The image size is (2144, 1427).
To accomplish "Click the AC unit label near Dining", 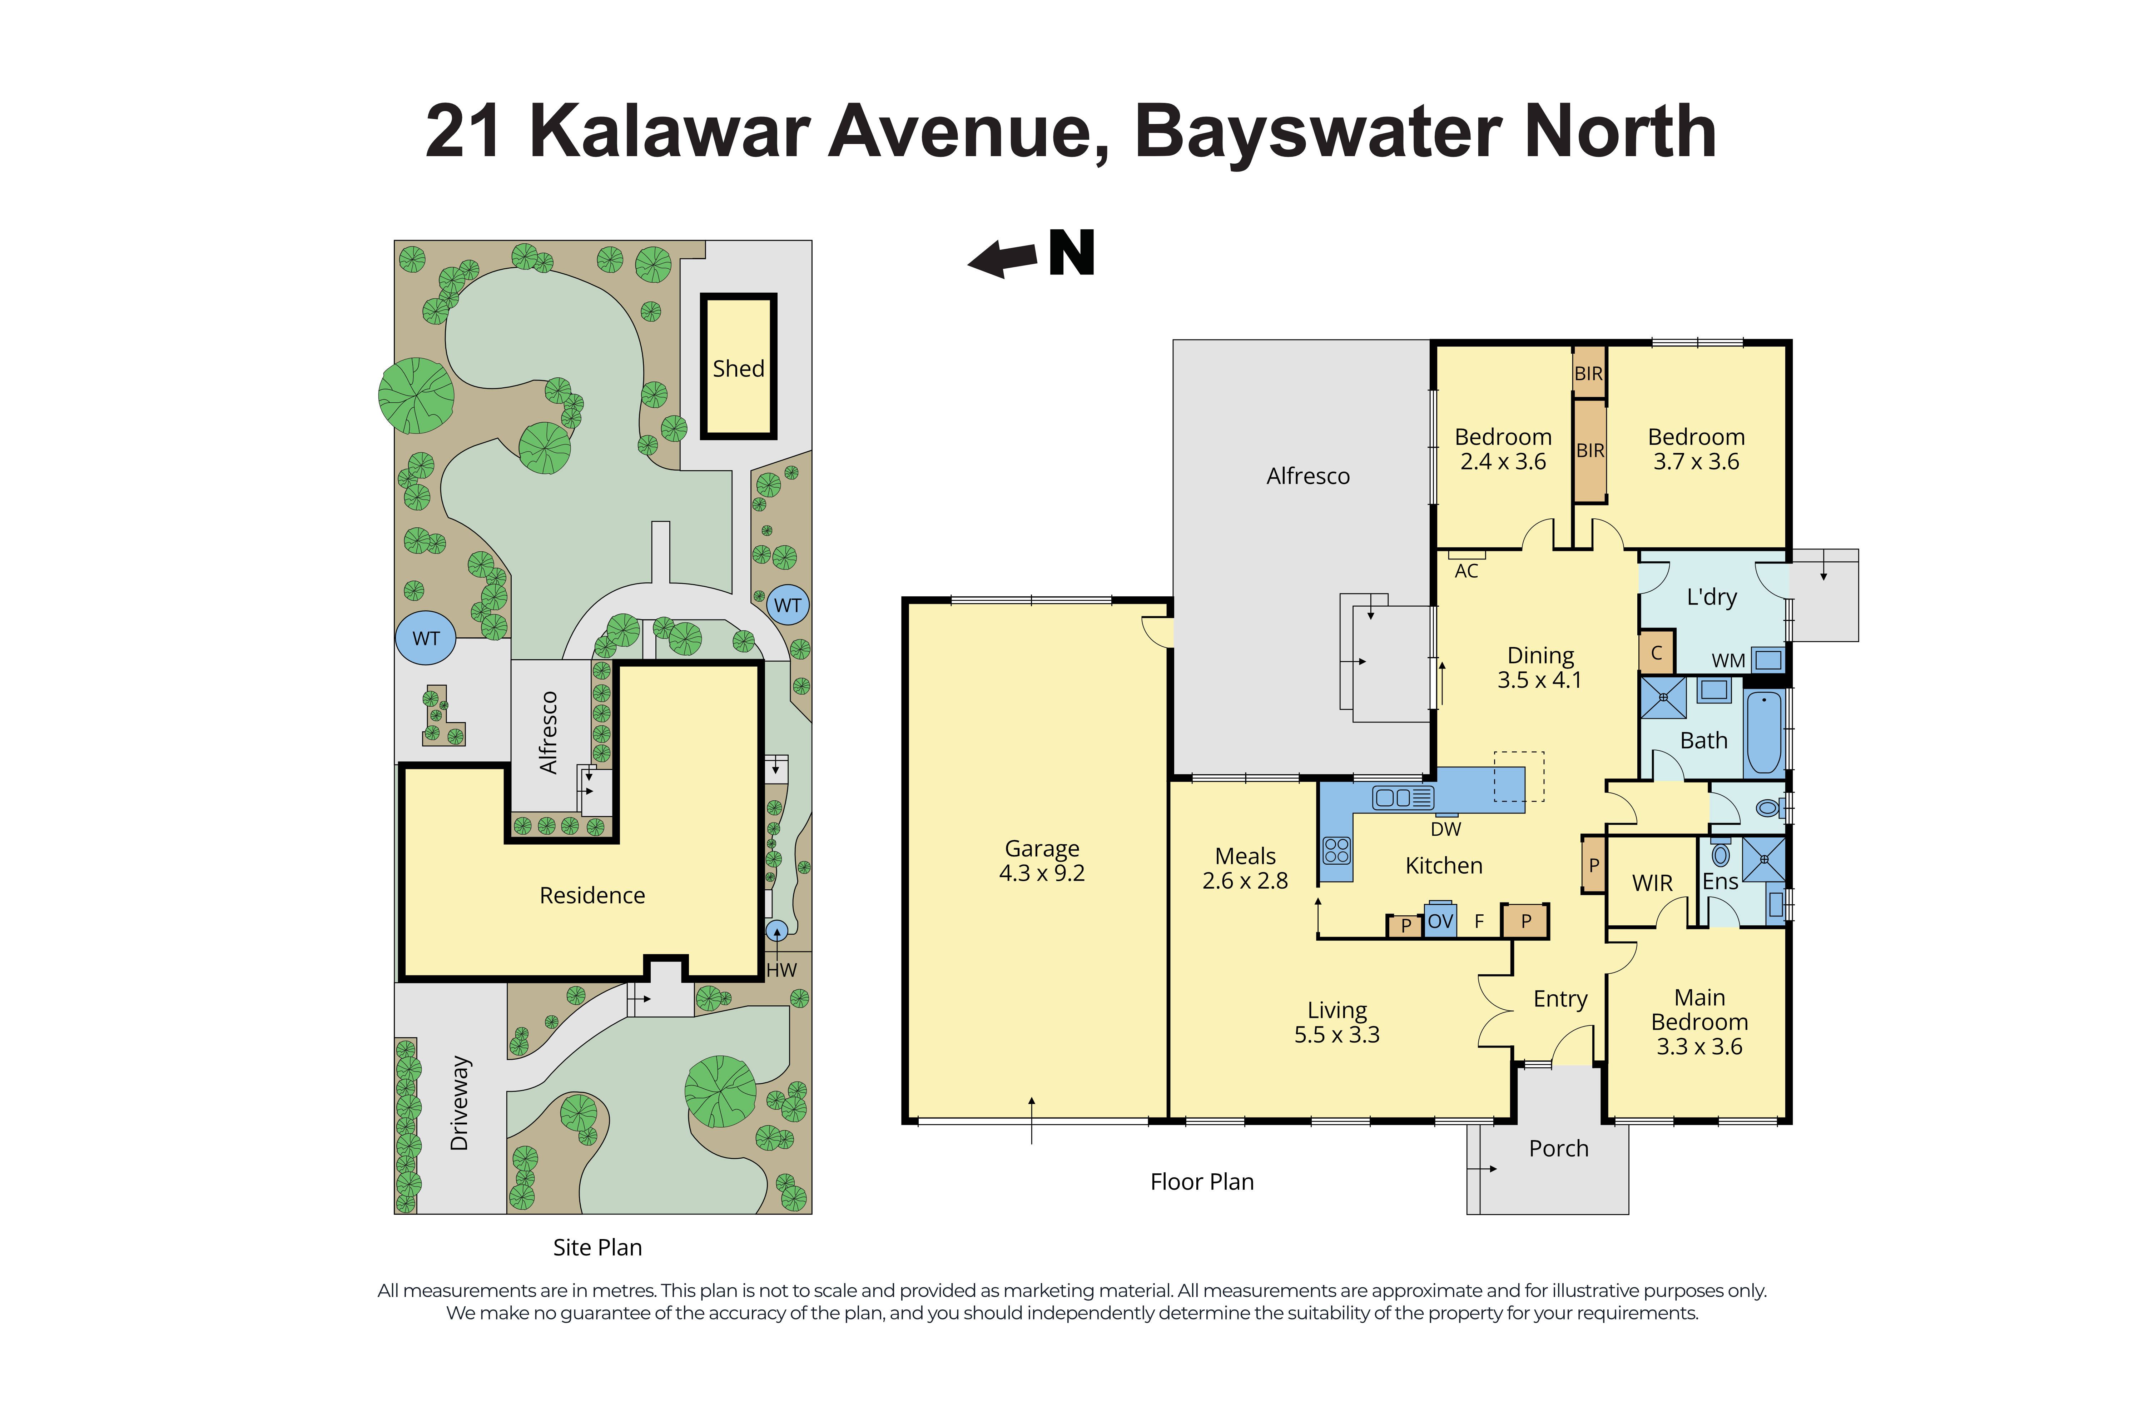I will point(1466,571).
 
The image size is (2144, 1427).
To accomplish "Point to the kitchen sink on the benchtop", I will point(1402,798).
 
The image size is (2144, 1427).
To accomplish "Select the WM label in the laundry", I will point(1728,661).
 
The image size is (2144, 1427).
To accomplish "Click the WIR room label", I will point(1652,883).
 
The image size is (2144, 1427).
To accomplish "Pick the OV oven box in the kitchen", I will point(1440,921).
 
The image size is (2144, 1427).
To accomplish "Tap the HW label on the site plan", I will point(781,970).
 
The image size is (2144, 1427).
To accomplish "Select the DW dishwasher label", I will point(1445,829).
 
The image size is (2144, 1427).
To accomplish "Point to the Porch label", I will point(1558,1149).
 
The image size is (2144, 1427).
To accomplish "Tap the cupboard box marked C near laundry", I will point(1656,652).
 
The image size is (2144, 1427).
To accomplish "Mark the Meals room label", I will point(1245,856).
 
